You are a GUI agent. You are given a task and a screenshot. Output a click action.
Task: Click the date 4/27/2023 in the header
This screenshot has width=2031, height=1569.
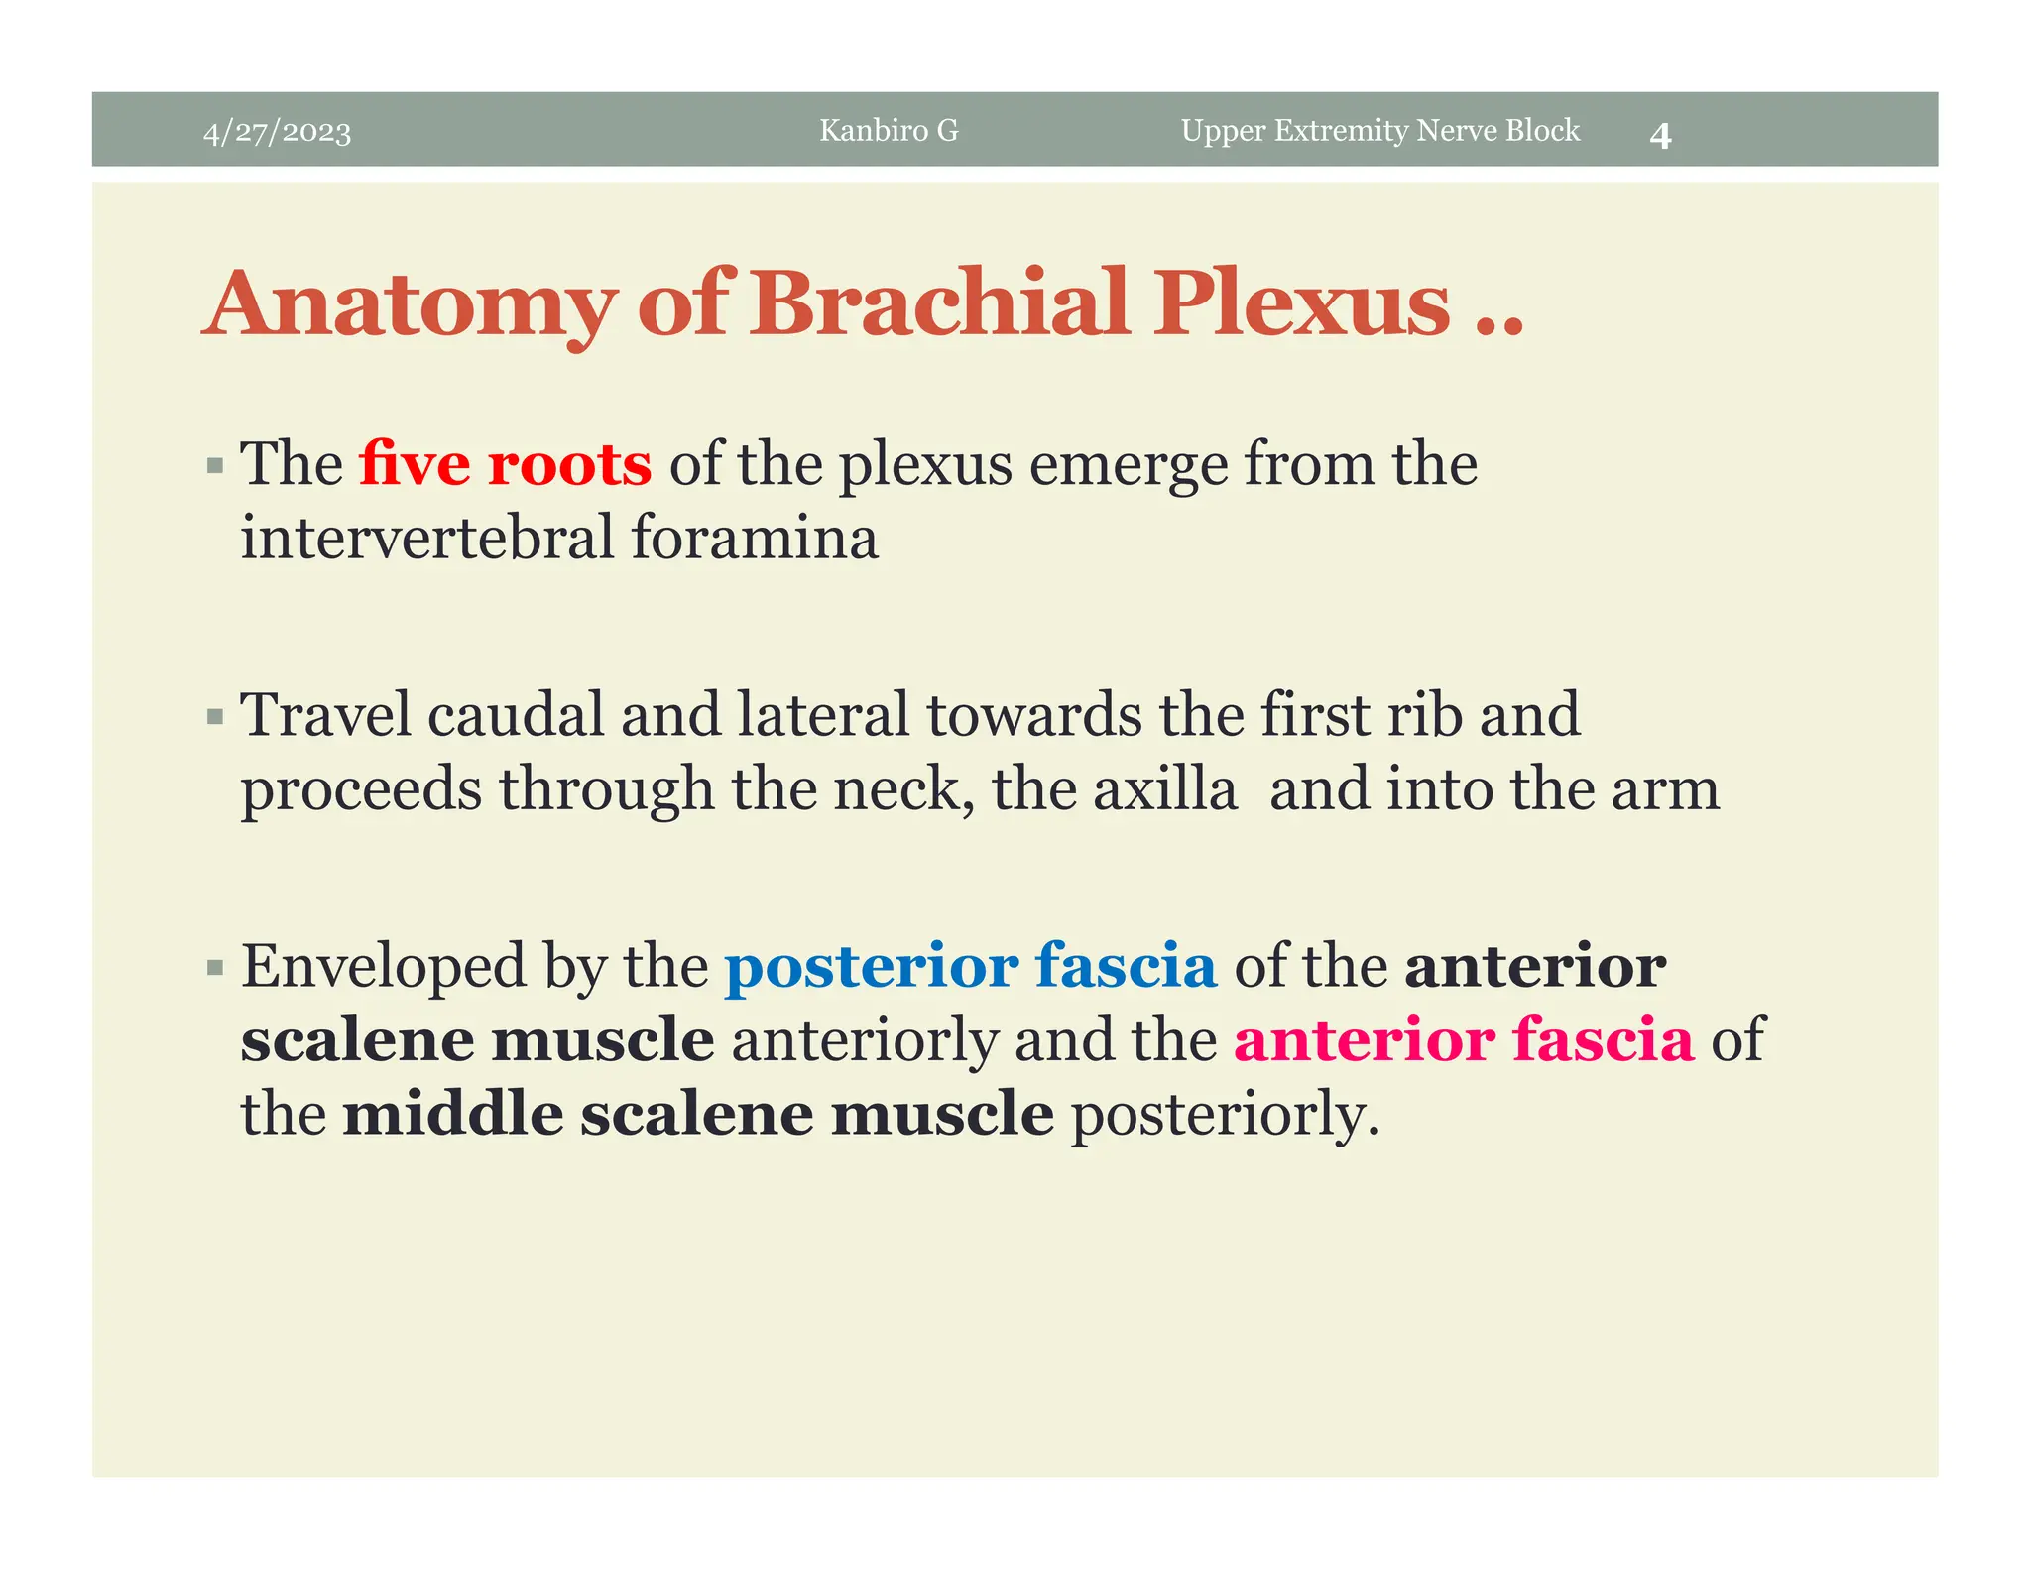click(277, 132)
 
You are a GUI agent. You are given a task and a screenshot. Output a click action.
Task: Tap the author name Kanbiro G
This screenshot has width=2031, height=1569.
click(889, 131)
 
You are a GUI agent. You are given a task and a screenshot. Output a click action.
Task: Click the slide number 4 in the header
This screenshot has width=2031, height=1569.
click(1660, 136)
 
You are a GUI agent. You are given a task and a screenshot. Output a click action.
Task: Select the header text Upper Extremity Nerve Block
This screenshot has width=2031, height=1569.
click(1379, 131)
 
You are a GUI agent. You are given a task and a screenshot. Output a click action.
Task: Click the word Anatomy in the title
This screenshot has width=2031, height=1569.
click(412, 304)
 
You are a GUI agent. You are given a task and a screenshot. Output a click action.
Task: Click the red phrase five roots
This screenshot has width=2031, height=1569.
click(505, 464)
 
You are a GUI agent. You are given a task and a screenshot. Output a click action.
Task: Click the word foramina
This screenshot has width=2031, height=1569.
click(754, 538)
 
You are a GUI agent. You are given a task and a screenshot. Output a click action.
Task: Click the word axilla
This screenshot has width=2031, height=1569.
click(1165, 789)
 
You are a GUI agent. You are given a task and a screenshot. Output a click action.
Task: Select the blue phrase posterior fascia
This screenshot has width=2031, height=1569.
click(970, 966)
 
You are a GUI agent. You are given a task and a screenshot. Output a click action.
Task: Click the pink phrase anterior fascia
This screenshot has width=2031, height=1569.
click(1463, 1040)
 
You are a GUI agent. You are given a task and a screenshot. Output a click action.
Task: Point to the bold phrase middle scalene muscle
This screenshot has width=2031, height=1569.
click(697, 1114)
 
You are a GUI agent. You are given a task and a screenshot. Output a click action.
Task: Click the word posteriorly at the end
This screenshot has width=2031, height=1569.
click(1225, 1116)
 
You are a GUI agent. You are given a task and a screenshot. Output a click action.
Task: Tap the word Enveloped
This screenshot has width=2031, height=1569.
click(383, 968)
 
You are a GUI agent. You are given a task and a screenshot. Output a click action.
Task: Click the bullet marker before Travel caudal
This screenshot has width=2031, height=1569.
click(215, 717)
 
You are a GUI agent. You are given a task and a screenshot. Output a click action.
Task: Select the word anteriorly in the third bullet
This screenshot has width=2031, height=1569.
click(864, 1041)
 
